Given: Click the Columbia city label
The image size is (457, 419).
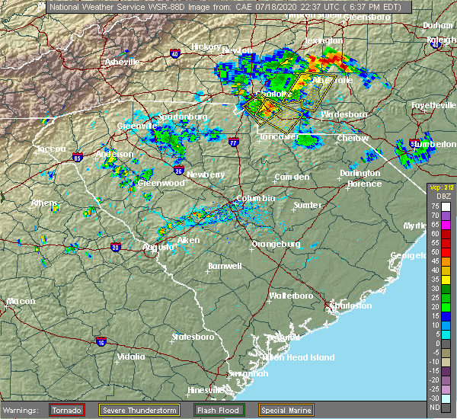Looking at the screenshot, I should point(256,197).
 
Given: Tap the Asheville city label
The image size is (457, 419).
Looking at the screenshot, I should point(122,61).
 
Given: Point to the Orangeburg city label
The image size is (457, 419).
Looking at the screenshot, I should point(276,244).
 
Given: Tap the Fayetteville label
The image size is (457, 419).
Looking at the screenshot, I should point(433,104).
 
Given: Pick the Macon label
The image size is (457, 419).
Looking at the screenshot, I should point(21,301).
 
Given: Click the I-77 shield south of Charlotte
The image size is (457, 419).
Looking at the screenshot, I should point(234,140).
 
